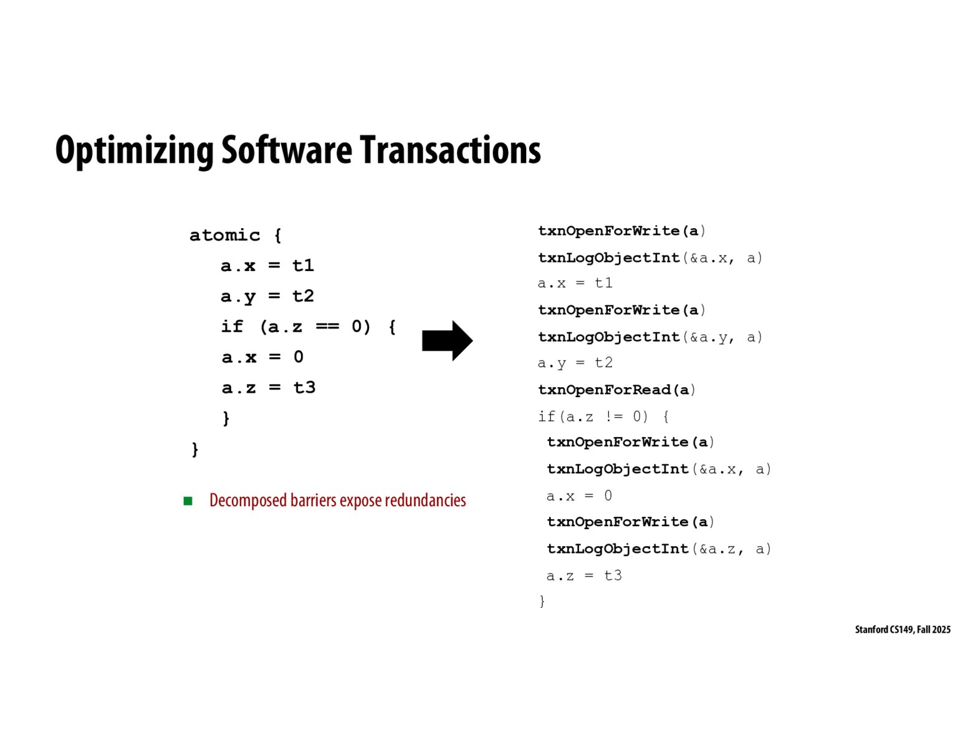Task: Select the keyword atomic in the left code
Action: (x=224, y=235)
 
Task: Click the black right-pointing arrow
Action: (x=447, y=340)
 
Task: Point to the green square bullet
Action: (x=188, y=501)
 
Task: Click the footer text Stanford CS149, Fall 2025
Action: (x=903, y=630)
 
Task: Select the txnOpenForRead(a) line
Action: (x=616, y=390)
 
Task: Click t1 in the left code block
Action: (x=303, y=266)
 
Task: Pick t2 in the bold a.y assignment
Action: (x=303, y=296)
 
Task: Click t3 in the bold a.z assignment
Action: (x=304, y=388)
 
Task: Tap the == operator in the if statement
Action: (x=327, y=327)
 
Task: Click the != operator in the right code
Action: (x=613, y=416)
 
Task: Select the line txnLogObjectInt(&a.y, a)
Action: (x=650, y=337)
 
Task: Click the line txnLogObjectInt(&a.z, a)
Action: (x=659, y=549)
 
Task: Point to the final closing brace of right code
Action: (x=542, y=601)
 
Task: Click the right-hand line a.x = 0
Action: (x=579, y=496)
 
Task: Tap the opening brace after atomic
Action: (x=278, y=235)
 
